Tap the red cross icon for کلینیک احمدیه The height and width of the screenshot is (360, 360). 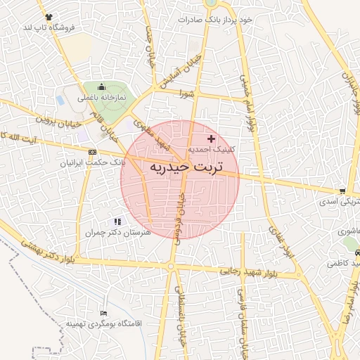tap(212, 139)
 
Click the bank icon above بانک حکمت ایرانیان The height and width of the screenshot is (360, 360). tap(92, 151)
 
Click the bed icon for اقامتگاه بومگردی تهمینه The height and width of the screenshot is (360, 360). tap(104, 313)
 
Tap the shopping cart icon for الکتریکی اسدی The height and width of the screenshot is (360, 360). tap(342, 191)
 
